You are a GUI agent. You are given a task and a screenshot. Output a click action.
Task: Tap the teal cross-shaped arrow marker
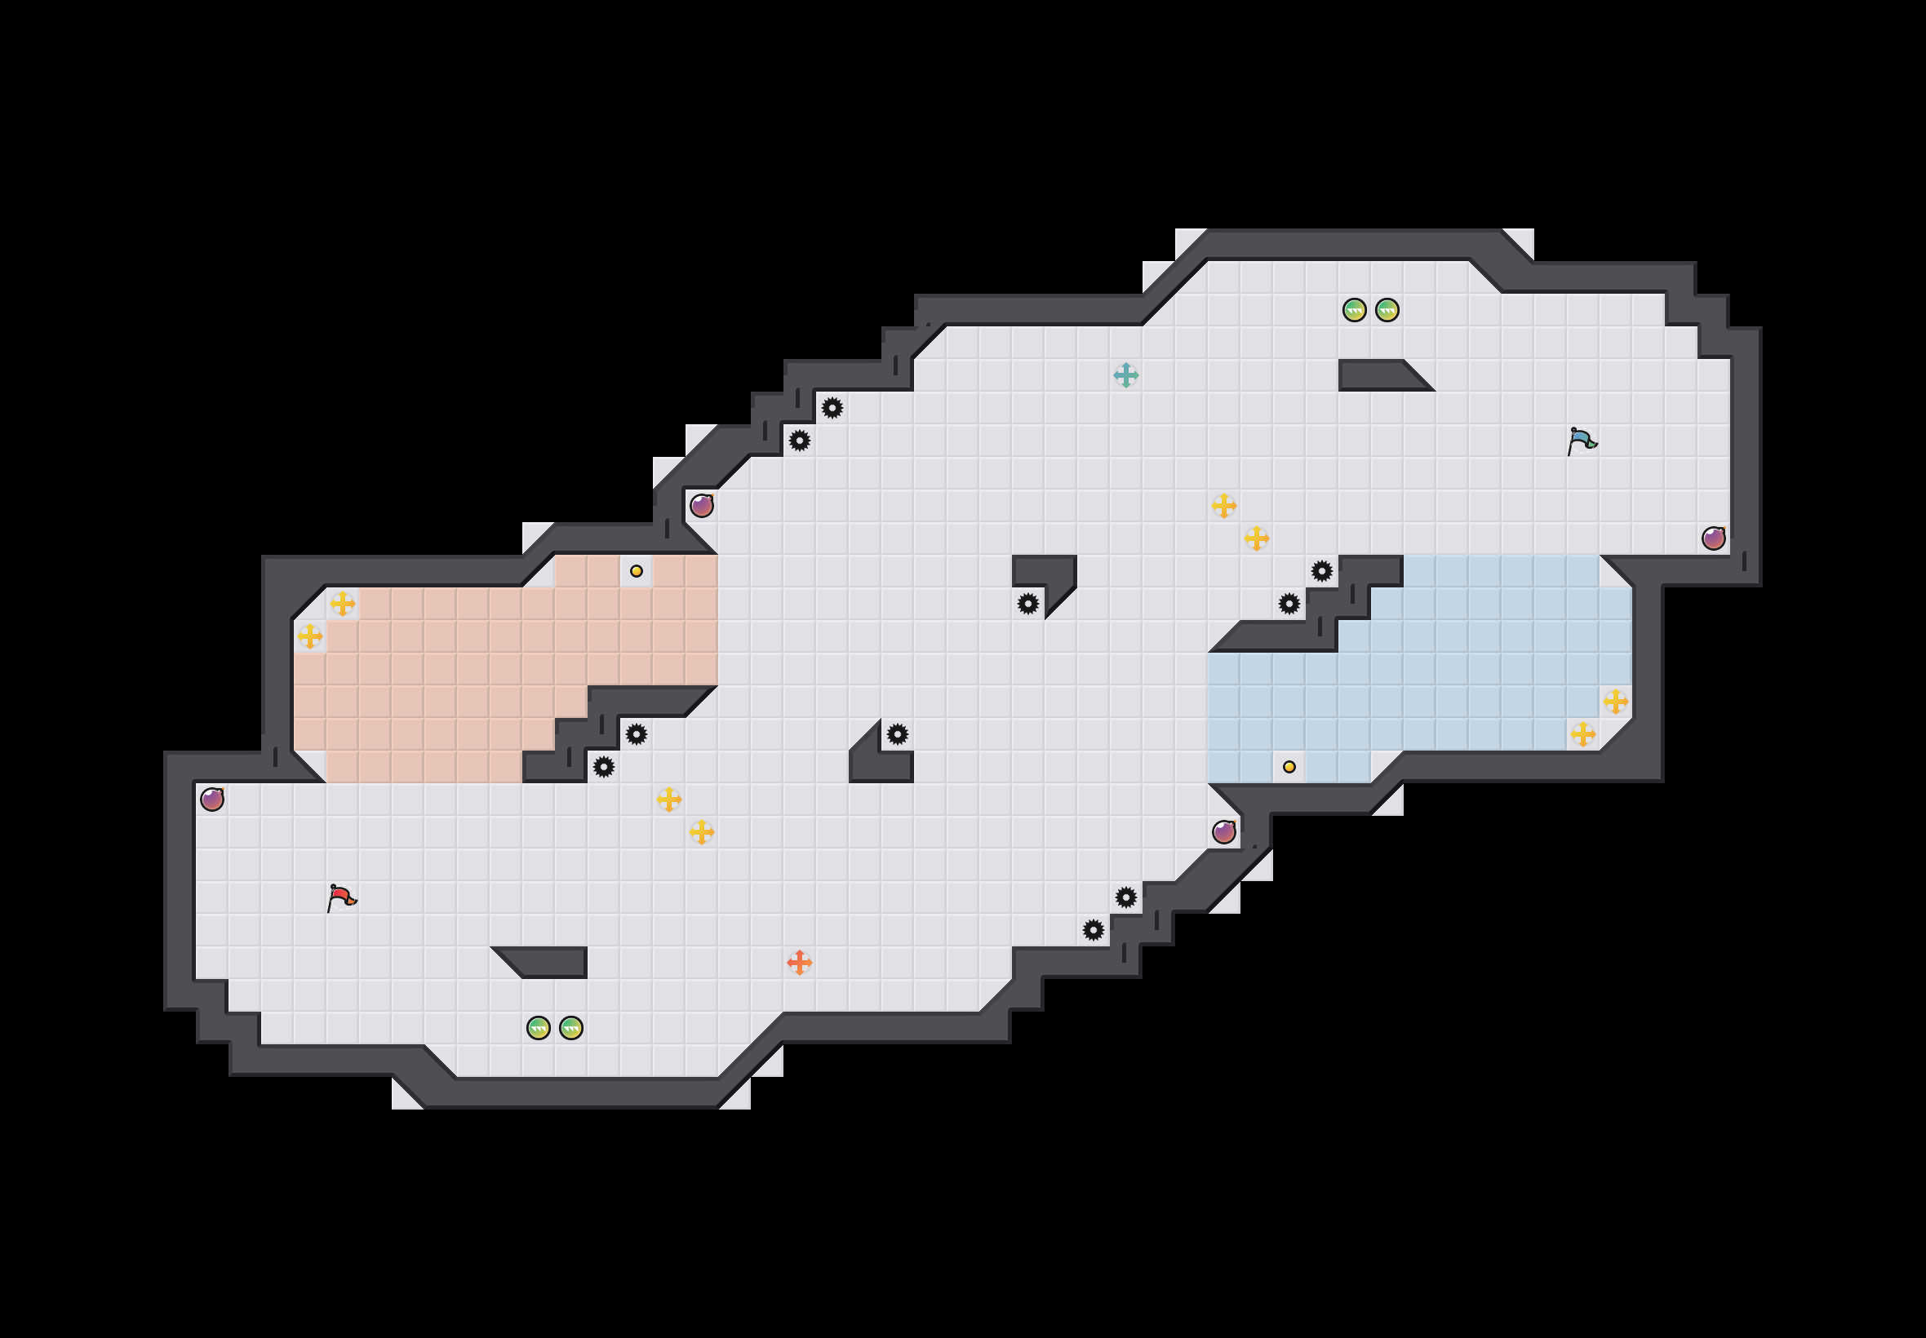point(1125,374)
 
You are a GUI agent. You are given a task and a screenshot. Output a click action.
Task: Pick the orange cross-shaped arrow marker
point(799,963)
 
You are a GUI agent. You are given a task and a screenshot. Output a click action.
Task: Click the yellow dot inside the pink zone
point(637,571)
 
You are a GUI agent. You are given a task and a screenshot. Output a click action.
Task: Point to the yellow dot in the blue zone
point(1289,766)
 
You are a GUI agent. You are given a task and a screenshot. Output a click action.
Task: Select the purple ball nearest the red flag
point(212,799)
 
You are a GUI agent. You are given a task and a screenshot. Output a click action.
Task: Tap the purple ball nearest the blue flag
point(1713,538)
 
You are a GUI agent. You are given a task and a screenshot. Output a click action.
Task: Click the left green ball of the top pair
point(1354,310)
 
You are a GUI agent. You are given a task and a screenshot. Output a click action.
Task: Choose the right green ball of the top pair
point(1387,310)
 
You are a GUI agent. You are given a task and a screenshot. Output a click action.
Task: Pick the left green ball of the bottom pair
point(539,1028)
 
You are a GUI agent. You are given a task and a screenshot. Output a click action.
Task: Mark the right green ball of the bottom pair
point(571,1028)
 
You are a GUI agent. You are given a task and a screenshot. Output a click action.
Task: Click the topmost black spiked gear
point(832,408)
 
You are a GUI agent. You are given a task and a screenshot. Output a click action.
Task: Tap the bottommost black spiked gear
point(1093,930)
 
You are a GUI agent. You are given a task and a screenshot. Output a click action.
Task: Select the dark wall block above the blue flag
point(1379,374)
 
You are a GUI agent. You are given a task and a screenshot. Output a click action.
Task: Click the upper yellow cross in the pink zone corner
point(342,604)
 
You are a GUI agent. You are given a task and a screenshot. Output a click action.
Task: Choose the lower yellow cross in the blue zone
point(1582,734)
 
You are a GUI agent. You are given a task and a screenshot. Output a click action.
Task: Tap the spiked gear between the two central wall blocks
point(1028,604)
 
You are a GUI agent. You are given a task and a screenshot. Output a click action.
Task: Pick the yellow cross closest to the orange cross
point(702,831)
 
